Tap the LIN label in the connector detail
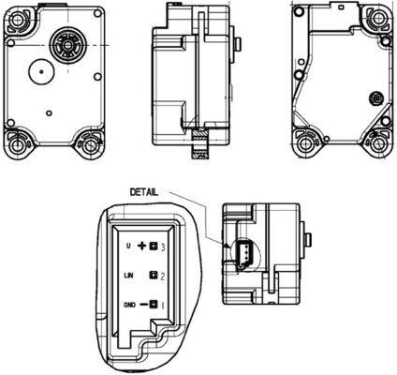pos(130,277)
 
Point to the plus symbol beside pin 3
pos(143,246)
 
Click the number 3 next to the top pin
pos(164,246)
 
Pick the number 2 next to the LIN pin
pos(164,277)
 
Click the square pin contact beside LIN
pos(153,277)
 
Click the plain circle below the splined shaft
pos(40,72)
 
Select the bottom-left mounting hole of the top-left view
pos(20,145)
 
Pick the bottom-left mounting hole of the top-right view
pos(306,145)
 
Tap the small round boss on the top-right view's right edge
pos(375,97)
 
